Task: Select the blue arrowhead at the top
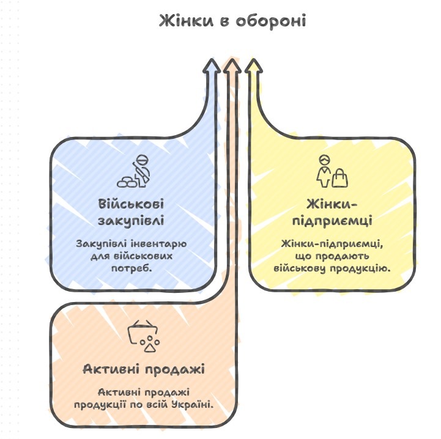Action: pos(212,66)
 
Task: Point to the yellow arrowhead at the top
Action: pos(252,66)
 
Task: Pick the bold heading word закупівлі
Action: pos(131,220)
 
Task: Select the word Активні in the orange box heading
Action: pos(109,370)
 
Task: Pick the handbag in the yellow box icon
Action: pos(340,178)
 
